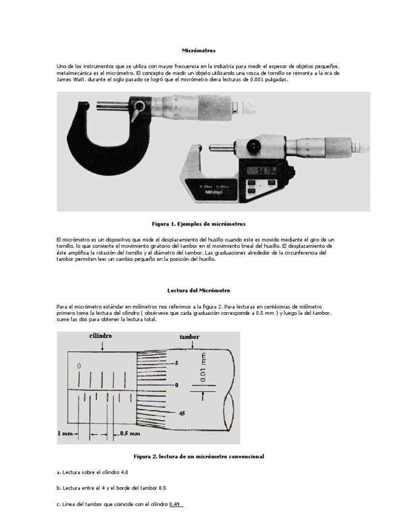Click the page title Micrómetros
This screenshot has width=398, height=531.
coord(198,51)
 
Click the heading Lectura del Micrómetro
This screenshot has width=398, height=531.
coord(198,291)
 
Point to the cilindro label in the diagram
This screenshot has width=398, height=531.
coord(101,336)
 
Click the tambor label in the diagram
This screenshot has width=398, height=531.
coord(190,337)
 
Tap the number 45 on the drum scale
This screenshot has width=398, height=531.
coord(182,413)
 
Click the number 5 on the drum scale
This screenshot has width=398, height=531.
coord(176,364)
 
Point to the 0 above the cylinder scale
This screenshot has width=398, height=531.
coord(79,366)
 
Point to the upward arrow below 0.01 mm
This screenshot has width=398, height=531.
coord(203,397)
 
